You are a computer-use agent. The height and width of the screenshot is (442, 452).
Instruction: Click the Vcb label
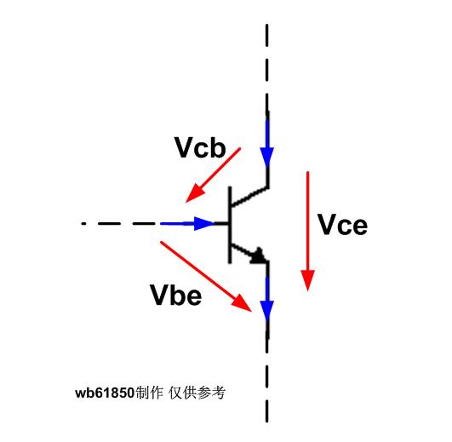200,147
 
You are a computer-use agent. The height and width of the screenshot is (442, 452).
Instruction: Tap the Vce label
342,224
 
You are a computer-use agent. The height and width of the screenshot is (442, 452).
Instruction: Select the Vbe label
176,295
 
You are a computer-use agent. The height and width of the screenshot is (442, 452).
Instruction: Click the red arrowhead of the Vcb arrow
196,192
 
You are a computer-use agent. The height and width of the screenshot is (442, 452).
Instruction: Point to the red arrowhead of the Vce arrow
307,280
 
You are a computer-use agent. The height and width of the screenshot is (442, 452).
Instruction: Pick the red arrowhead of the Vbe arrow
242,302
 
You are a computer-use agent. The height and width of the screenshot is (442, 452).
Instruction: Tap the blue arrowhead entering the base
204,223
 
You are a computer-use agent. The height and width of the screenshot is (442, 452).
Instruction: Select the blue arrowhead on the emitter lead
267,310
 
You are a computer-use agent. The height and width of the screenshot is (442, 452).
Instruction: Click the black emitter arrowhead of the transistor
259,255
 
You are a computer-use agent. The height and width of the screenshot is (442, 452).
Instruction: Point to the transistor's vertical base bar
230,225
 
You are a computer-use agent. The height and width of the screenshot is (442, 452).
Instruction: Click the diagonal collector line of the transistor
250,197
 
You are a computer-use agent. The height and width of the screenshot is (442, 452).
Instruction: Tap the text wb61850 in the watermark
105,393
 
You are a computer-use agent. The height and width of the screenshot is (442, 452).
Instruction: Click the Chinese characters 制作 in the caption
149,393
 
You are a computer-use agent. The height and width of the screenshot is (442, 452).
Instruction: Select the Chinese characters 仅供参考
197,393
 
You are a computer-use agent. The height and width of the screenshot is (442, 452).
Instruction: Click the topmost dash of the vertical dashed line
267,36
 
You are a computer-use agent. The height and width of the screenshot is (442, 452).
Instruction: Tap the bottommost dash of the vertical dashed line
267,410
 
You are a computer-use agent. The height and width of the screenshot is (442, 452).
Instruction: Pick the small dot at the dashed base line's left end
83,223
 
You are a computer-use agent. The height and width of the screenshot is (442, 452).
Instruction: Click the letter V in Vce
327,224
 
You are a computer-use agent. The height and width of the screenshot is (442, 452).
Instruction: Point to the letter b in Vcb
217,147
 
